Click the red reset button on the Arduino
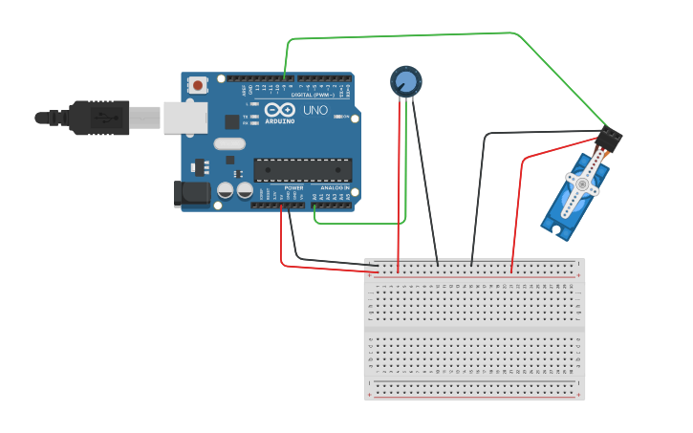tap(198, 85)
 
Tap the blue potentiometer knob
tap(406, 81)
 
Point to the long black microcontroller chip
tap(302, 170)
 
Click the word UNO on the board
tap(315, 111)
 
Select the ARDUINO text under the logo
tap(280, 121)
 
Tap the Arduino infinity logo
tap(280, 110)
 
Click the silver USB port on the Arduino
tap(185, 118)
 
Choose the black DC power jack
tap(192, 193)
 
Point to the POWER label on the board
tap(293, 188)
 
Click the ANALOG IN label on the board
tap(334, 188)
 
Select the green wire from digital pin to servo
tap(401, 36)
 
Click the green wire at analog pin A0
tap(314, 212)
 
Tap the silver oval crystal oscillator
tap(229, 143)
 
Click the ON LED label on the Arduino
tap(345, 117)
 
